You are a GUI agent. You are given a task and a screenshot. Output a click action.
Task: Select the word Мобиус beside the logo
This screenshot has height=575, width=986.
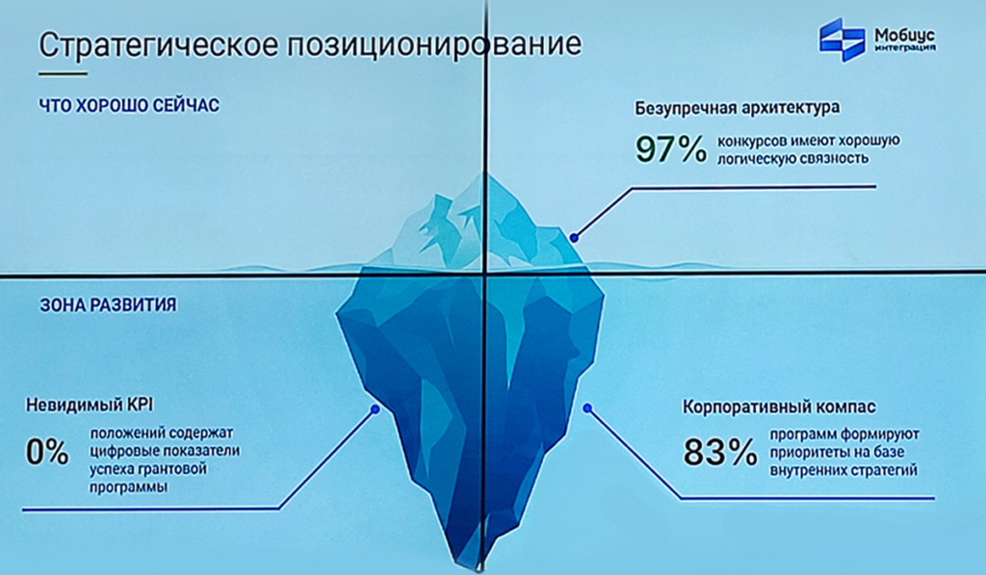click(x=904, y=36)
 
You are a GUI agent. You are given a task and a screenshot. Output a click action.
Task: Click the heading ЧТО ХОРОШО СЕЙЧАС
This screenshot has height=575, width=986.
click(x=129, y=105)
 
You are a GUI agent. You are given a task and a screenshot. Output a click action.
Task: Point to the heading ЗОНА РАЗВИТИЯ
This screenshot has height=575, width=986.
click(x=108, y=305)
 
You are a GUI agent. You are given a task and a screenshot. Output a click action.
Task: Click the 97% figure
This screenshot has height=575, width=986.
click(x=671, y=149)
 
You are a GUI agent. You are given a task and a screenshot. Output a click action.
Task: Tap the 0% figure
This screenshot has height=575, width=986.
click(x=47, y=452)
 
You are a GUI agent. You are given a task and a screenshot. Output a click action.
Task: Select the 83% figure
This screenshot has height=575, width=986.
click(x=720, y=452)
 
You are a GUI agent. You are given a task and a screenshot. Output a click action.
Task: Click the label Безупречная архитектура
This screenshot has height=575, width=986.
click(x=737, y=108)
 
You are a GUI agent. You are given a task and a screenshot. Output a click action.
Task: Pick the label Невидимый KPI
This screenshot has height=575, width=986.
click(x=90, y=405)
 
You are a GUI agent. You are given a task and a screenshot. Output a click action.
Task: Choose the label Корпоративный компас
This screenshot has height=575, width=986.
click(x=779, y=407)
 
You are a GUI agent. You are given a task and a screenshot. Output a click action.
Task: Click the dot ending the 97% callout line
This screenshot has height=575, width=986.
click(x=574, y=238)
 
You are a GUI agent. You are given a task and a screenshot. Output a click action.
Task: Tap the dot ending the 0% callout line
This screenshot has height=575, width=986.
click(x=376, y=409)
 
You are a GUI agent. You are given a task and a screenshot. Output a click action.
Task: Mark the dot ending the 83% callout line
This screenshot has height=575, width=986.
click(x=587, y=408)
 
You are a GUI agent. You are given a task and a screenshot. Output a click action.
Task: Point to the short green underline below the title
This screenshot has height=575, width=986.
click(x=63, y=73)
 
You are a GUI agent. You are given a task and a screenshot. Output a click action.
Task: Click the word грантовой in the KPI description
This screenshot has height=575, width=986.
click(x=175, y=469)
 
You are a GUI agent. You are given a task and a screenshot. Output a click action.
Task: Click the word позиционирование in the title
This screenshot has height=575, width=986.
click(x=434, y=44)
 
